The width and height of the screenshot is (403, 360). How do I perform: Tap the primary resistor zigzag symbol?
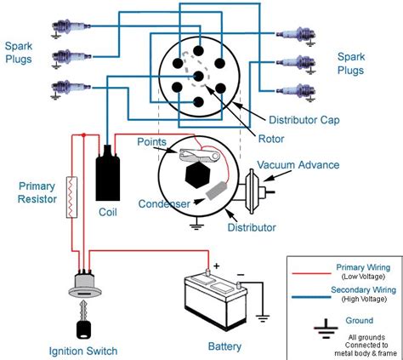[x=71, y=197]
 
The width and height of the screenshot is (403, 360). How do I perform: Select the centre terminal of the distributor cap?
[x=199, y=76]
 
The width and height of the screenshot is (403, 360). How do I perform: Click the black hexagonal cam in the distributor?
[x=198, y=174]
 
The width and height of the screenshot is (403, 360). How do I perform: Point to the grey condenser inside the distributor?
[x=216, y=190]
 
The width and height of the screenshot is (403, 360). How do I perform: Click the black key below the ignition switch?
[x=84, y=320]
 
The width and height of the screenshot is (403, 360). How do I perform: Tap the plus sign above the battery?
[x=217, y=266]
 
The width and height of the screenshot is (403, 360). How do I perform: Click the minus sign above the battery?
[x=241, y=275]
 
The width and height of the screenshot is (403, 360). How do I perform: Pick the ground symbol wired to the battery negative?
[x=263, y=318]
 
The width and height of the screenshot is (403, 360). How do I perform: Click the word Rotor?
[x=271, y=139]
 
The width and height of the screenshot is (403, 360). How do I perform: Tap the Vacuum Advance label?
[x=298, y=165]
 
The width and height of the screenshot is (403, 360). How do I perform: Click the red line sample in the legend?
[x=311, y=273]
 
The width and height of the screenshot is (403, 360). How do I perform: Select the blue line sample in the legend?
[x=311, y=297]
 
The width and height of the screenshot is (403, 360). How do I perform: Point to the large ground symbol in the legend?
[x=326, y=329]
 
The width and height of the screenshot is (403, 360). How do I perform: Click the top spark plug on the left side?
[x=71, y=27]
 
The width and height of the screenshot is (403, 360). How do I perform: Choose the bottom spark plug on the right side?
[x=296, y=92]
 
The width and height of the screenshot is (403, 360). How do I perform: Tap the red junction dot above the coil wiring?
[x=83, y=135]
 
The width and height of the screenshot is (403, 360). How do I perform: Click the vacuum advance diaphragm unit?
[x=255, y=191]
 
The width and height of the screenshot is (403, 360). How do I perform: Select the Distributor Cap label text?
[x=304, y=120]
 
